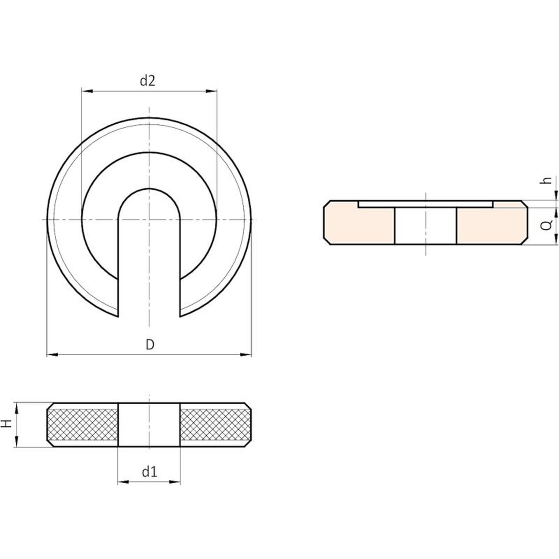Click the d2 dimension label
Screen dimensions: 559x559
(x=147, y=81)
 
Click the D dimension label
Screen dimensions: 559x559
(x=150, y=345)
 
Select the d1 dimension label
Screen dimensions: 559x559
(x=150, y=472)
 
